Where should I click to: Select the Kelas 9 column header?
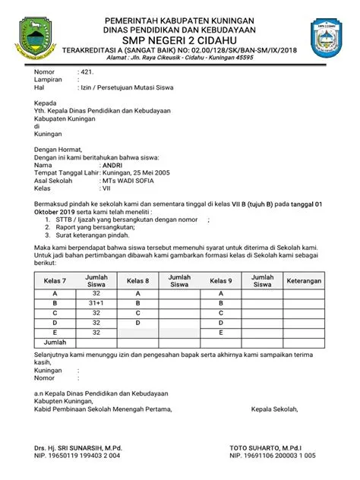coord(221,281)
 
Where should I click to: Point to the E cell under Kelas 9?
coord(221,332)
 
